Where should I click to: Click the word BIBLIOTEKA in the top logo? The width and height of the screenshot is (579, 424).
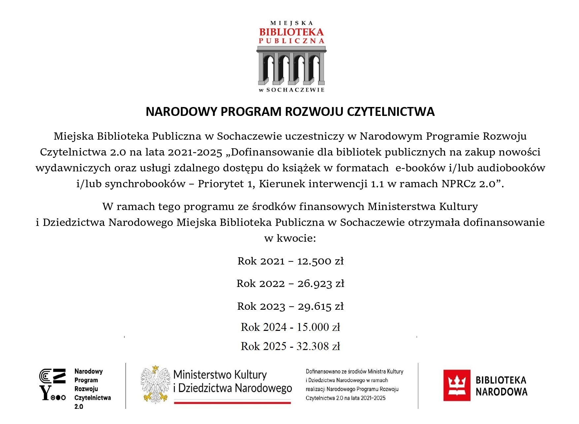coord(291,32)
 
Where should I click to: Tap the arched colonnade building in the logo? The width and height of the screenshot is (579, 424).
coord(291,66)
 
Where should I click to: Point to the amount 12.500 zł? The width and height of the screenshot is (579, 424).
coord(320,261)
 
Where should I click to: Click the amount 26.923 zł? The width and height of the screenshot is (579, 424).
coord(321,284)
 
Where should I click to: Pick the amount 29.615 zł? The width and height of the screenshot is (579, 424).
coord(321,306)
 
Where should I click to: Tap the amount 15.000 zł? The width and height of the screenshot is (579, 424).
coord(318,327)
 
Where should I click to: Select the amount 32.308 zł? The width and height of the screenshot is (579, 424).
coord(318,346)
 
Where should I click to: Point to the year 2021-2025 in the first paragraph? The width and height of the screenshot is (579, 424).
coord(195,152)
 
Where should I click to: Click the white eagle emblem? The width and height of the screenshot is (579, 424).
coord(155,384)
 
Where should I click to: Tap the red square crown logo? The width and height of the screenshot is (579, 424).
coord(457,385)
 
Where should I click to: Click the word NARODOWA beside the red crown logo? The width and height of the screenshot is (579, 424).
coord(501,392)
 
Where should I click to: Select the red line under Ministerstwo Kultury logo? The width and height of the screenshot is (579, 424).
coord(232,403)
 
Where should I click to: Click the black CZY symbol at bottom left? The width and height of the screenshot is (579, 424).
coord(52,384)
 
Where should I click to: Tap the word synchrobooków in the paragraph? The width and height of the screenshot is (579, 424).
coord(145,184)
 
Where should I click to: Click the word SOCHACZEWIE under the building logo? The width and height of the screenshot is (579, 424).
coord(295,90)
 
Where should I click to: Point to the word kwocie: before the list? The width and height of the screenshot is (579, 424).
coord(296,238)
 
